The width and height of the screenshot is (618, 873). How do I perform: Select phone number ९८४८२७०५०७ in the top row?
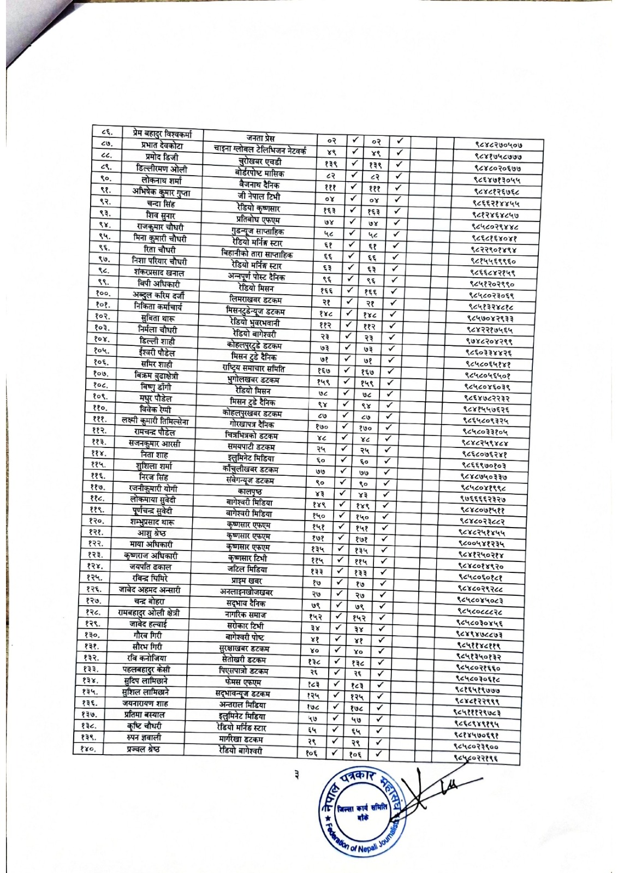pyautogui.click(x=500, y=145)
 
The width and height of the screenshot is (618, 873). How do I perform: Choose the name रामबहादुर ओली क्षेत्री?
pyautogui.click(x=149, y=613)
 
